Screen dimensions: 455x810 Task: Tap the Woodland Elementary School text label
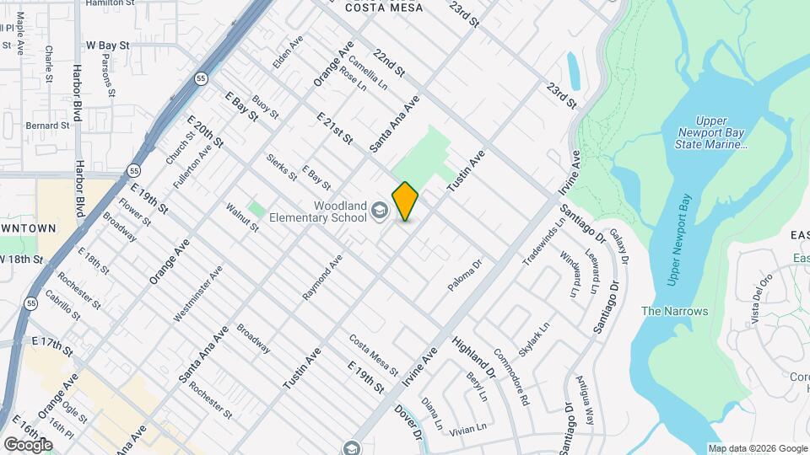(x=318, y=211)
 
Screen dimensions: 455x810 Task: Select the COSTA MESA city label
(x=377, y=6)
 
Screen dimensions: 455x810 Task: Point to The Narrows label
(x=674, y=311)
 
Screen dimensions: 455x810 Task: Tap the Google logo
(x=27, y=444)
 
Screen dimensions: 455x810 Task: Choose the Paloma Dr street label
(x=464, y=276)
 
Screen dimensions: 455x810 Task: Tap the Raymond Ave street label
(x=322, y=277)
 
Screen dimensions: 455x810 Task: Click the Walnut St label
(x=242, y=217)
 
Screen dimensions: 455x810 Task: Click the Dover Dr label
(x=407, y=422)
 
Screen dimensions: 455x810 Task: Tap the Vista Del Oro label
(x=761, y=299)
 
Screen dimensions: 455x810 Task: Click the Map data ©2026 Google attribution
(x=757, y=448)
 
